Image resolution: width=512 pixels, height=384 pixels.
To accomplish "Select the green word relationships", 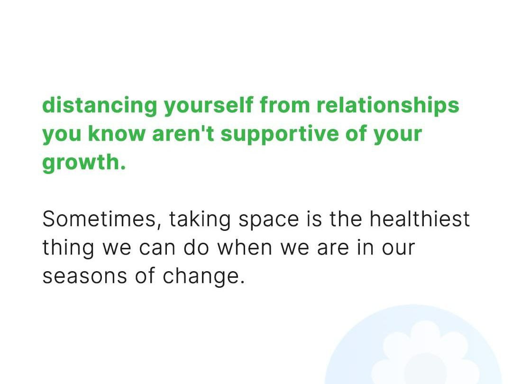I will pos(388,105).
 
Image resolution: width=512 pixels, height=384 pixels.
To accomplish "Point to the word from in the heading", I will pos(285,105).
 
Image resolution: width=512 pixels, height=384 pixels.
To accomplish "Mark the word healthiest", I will pos(420,219).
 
